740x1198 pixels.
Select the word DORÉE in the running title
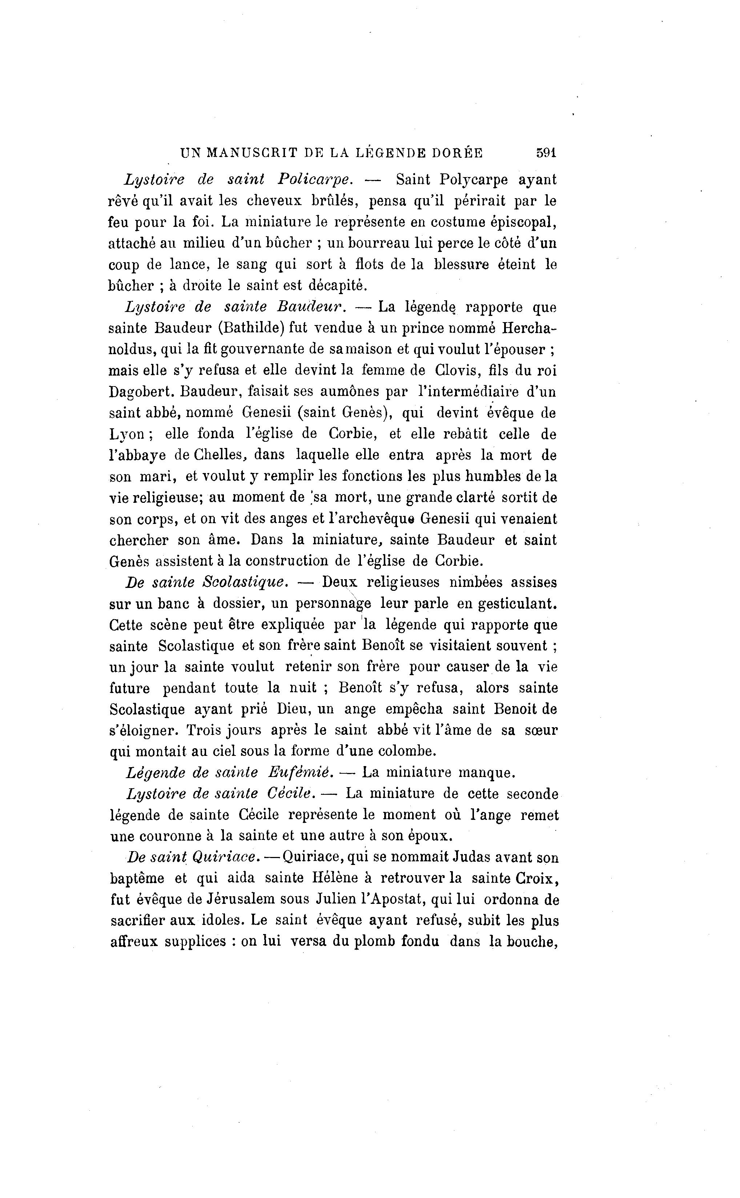(457, 153)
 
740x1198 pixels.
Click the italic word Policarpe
(315, 180)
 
